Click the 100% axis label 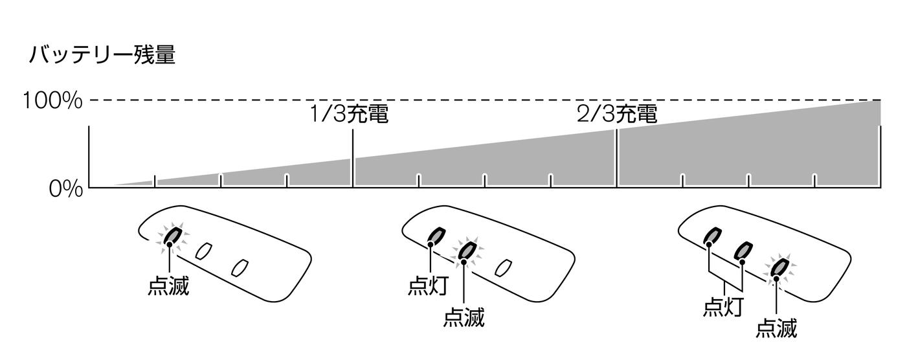tap(52, 101)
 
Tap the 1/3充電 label tap(349, 115)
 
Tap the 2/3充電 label tap(617, 115)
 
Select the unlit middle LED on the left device tap(205, 251)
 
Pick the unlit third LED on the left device tap(240, 266)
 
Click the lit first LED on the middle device tap(436, 235)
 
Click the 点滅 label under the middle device tap(464, 319)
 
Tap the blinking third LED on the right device tap(779, 267)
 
